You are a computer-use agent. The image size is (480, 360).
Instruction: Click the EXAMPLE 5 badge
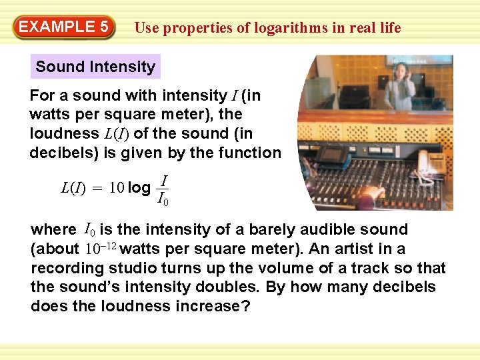click(64, 27)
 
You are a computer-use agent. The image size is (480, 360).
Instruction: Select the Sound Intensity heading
click(95, 67)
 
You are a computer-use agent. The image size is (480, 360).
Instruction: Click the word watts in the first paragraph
click(49, 115)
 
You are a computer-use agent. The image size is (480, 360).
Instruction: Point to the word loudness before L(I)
click(64, 133)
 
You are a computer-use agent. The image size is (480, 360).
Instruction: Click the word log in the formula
click(139, 187)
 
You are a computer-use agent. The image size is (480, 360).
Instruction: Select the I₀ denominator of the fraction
click(163, 198)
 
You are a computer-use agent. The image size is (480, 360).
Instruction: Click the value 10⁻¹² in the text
click(101, 249)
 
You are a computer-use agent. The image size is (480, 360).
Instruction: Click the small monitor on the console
click(331, 155)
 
